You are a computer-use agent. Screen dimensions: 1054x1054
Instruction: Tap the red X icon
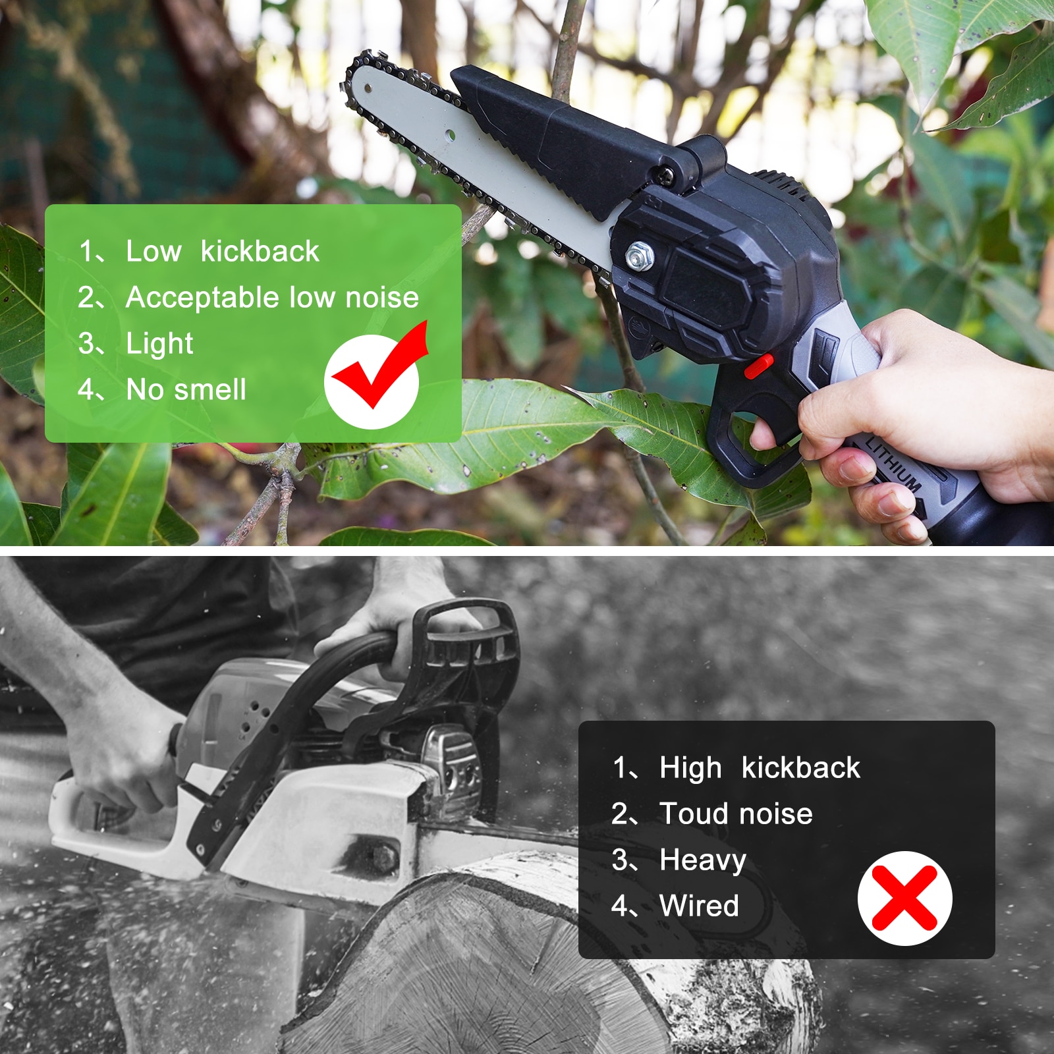coord(904,898)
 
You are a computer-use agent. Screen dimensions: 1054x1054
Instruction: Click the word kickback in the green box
coord(260,251)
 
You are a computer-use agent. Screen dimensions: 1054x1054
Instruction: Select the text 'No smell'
coord(186,389)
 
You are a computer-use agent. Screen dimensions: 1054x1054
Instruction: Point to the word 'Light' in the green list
coord(159,344)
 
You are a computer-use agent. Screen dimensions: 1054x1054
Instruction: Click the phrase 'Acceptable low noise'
coord(272,298)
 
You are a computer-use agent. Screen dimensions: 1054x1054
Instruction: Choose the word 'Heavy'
coord(703,860)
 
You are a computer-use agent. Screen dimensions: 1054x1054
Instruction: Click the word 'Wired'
coord(699,906)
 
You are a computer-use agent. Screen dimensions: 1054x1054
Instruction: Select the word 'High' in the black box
coord(690,768)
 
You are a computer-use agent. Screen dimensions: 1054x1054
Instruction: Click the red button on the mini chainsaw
coord(759,366)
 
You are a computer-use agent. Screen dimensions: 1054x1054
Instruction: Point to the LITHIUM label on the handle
coord(893,464)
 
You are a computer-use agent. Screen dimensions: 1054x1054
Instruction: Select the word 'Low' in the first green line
coord(153,251)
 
